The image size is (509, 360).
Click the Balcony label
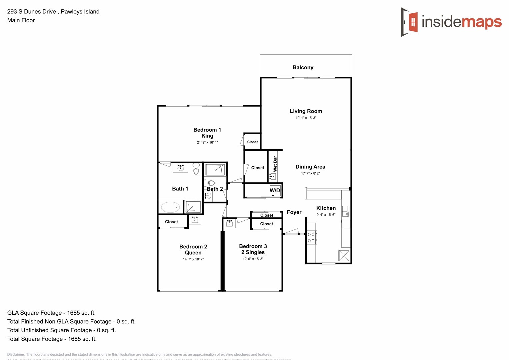coord(303,67)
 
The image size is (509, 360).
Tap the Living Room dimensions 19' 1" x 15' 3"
coord(306,118)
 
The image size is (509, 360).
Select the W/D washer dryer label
coord(275,190)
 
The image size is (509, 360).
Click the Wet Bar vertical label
coord(275,164)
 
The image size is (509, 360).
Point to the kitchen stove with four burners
coord(311,237)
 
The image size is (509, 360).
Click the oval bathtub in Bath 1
coord(170,207)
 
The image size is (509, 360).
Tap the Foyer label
coord(294,212)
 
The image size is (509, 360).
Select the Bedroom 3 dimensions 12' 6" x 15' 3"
coord(253,259)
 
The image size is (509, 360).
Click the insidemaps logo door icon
coord(410,22)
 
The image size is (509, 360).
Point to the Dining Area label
coord(310,167)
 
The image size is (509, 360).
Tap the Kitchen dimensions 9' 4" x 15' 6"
coord(326,215)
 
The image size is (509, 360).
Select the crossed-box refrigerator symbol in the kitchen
coord(344,256)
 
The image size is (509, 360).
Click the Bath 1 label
coord(180,189)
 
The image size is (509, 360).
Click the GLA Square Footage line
coord(51,313)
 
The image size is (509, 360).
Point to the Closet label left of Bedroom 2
coord(171,222)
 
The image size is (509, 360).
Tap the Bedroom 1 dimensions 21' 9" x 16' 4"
coord(207,142)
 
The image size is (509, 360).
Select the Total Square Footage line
coord(52,339)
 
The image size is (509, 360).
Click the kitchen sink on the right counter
coord(346,211)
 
